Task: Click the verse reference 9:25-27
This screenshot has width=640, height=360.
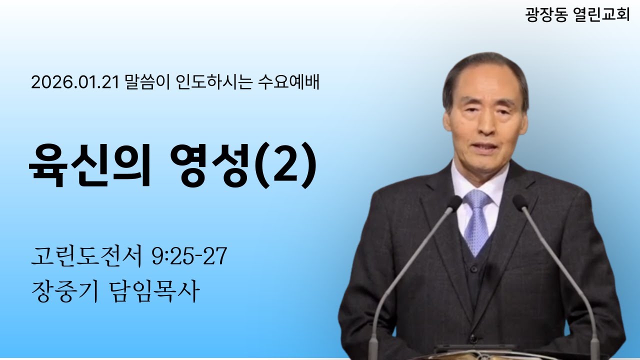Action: point(189,257)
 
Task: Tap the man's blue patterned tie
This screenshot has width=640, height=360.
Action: point(477,220)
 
